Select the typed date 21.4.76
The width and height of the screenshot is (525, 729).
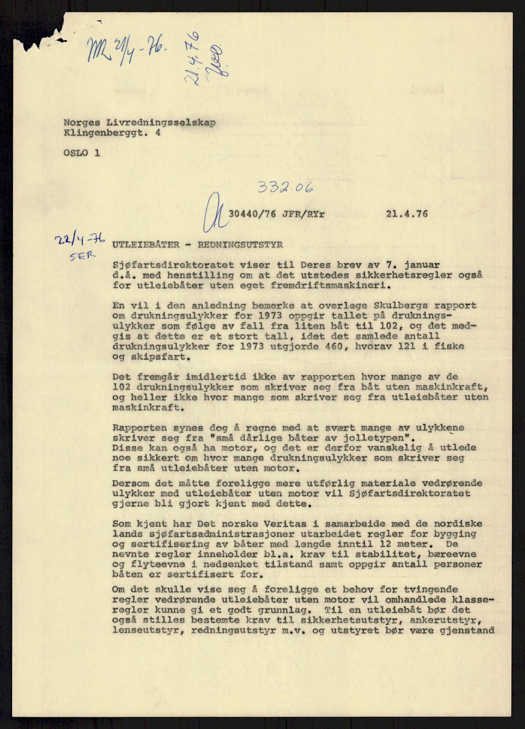[406, 214]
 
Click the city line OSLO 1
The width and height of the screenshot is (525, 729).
[82, 153]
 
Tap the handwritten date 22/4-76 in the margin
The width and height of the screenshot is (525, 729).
[79, 241]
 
